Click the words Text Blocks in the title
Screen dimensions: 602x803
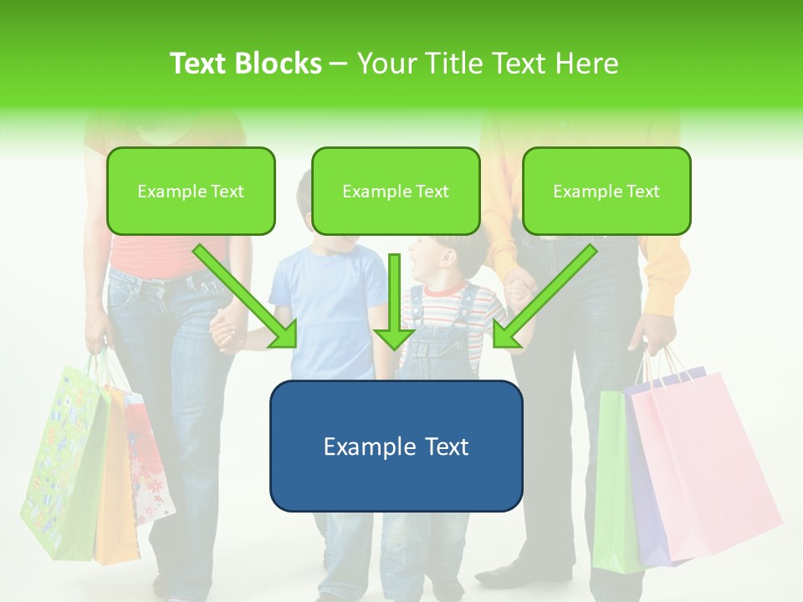(245, 64)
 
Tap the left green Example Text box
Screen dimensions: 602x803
(191, 191)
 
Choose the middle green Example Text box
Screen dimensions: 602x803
(396, 191)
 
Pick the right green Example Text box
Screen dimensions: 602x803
(606, 191)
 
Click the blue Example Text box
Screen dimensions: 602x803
(396, 446)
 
